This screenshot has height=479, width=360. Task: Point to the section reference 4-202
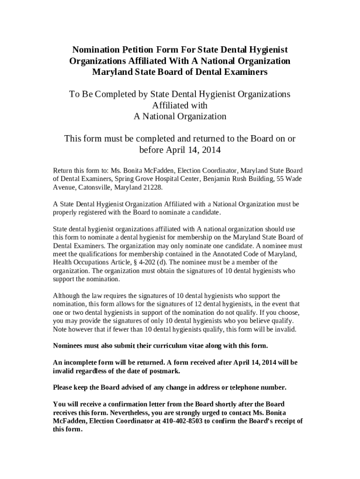point(145,262)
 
